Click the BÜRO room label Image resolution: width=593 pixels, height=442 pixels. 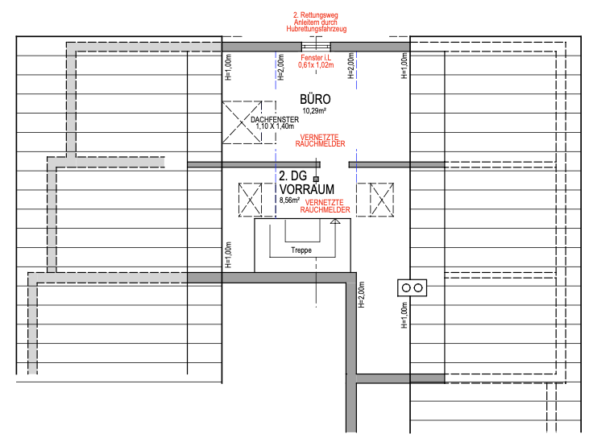(315, 99)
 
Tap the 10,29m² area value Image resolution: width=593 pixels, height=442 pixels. (314, 110)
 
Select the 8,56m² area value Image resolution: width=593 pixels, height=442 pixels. (289, 200)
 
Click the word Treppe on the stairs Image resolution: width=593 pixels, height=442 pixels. (301, 250)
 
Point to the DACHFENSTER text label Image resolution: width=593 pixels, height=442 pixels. (275, 119)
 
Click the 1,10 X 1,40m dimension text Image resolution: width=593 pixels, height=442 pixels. (275, 126)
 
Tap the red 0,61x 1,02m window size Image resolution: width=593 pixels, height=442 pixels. (316, 65)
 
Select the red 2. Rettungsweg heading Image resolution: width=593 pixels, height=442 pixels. (315, 15)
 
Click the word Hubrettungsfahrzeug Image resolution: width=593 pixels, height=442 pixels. (316, 29)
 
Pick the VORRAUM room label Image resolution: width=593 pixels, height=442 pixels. (307, 189)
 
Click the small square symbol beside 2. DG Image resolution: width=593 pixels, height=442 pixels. (316, 179)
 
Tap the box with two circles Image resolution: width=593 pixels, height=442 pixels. (413, 288)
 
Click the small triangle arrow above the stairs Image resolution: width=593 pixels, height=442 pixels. (335, 221)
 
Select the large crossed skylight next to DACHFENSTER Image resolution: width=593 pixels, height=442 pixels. (242, 122)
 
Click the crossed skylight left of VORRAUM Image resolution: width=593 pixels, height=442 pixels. (250, 200)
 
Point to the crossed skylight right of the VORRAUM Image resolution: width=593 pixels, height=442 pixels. (382, 200)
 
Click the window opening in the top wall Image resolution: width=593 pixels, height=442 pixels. (316, 47)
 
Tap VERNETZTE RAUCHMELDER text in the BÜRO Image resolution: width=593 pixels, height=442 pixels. (320, 141)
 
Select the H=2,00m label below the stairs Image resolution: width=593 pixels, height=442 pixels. (362, 295)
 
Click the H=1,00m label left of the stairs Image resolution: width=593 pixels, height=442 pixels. (228, 255)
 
